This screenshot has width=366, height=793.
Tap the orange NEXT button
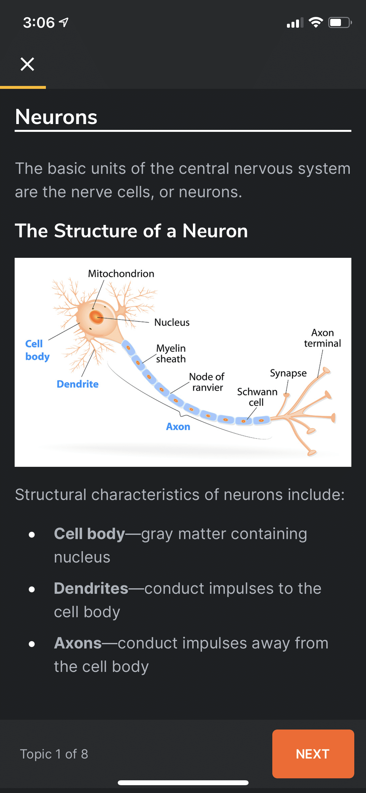[x=313, y=754]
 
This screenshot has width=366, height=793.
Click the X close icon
[x=27, y=64]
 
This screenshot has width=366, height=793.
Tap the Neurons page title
[x=56, y=117]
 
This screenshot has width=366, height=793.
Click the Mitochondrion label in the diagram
[x=121, y=274]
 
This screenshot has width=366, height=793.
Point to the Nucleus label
[x=172, y=322]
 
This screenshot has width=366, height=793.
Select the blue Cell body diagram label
[x=37, y=350]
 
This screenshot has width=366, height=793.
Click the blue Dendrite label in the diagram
[x=77, y=384]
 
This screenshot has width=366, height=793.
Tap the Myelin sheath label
[x=171, y=354]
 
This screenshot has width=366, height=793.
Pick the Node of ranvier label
[x=207, y=382]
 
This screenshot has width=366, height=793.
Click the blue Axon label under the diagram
[x=178, y=427]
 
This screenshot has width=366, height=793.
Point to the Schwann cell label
[x=257, y=397]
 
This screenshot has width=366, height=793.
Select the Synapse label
[x=288, y=373]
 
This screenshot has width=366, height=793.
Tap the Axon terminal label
[x=322, y=338]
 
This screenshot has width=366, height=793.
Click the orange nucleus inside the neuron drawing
[x=96, y=317]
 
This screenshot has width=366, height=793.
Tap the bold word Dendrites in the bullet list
[x=91, y=589]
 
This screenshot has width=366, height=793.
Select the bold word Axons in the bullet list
[x=78, y=643]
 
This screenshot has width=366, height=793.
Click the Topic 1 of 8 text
[x=54, y=754]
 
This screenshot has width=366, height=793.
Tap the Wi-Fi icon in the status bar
[x=316, y=22]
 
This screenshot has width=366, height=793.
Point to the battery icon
[x=340, y=22]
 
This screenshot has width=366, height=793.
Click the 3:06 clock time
[x=39, y=22]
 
